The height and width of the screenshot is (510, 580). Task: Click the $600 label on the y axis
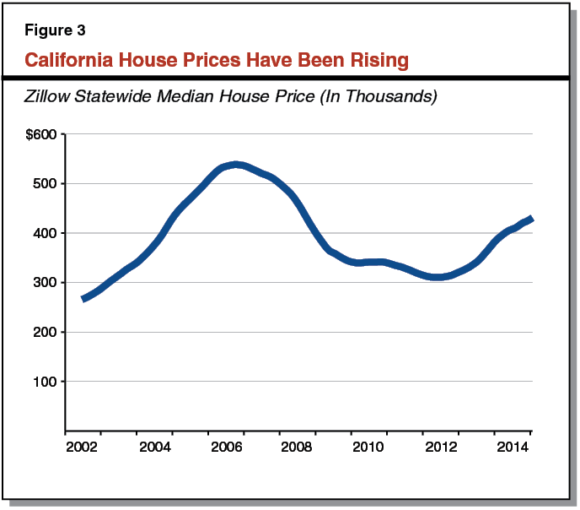(42, 134)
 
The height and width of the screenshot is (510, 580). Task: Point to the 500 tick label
(45, 184)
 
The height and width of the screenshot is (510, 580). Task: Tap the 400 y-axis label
(45, 233)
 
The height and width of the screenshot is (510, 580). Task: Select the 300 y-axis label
(45, 283)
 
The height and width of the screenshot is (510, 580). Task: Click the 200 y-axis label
(45, 332)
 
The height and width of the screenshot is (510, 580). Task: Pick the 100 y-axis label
(45, 382)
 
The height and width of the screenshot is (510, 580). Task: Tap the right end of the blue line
(531, 219)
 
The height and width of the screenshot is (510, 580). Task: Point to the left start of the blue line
(83, 299)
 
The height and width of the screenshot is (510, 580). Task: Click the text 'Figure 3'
(55, 30)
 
